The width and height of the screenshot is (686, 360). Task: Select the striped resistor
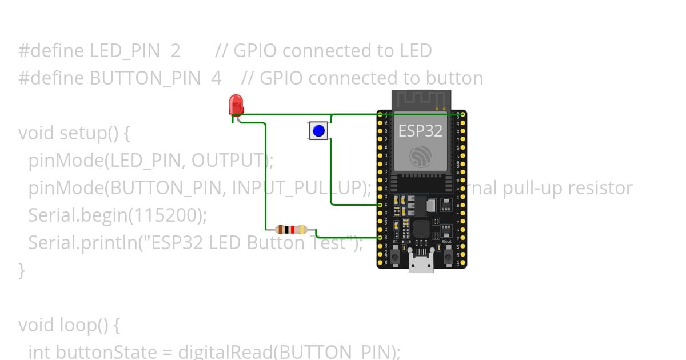pos(291,230)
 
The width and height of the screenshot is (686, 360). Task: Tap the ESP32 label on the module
pos(420,131)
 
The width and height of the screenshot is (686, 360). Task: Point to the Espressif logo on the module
pos(421,156)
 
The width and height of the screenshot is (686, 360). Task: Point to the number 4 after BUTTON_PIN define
pos(216,78)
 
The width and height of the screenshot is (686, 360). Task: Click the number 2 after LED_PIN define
pos(175,51)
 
